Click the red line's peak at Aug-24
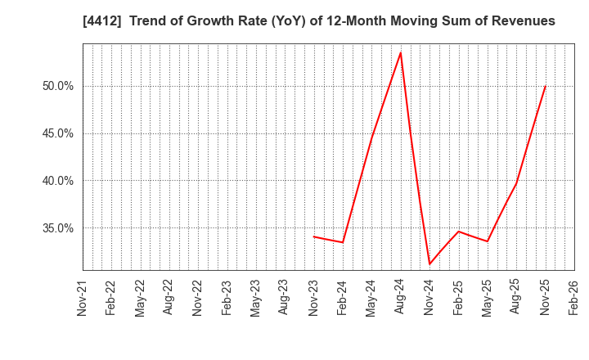401,52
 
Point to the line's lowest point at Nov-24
429,263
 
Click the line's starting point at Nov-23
314,236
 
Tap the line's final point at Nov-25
546,86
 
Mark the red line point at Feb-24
343,242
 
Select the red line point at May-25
488,241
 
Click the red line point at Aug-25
516,182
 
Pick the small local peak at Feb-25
459,231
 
